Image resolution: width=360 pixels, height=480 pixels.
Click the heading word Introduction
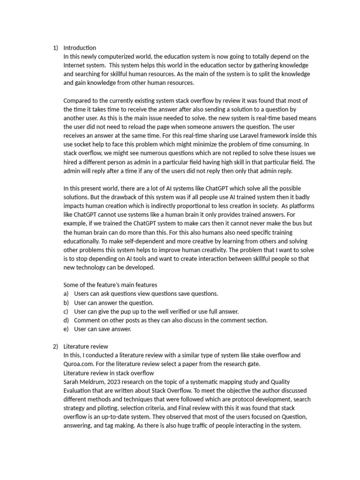[x=80, y=48]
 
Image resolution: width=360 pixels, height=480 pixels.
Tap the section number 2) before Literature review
[x=55, y=346]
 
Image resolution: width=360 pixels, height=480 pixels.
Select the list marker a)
[x=66, y=294]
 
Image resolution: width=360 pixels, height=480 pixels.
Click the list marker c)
[x=66, y=311]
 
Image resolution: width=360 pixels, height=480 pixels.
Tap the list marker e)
[x=66, y=329]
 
